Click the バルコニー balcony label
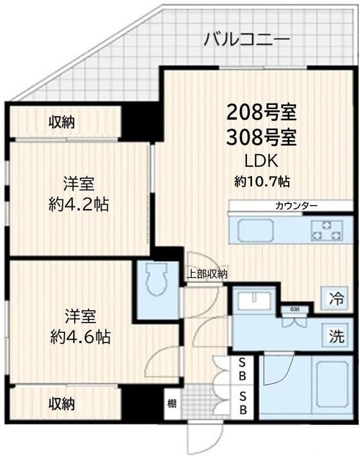pyautogui.click(x=247, y=40)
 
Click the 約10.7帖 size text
pyautogui.click(x=262, y=182)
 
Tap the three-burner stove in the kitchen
pyautogui.click(x=326, y=231)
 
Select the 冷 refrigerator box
pyautogui.click(x=337, y=298)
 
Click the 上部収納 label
pyautogui.click(x=207, y=274)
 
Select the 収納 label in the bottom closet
pyautogui.click(x=62, y=404)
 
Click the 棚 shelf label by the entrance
pyautogui.click(x=172, y=404)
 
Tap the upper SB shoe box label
pyautogui.click(x=242, y=368)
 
